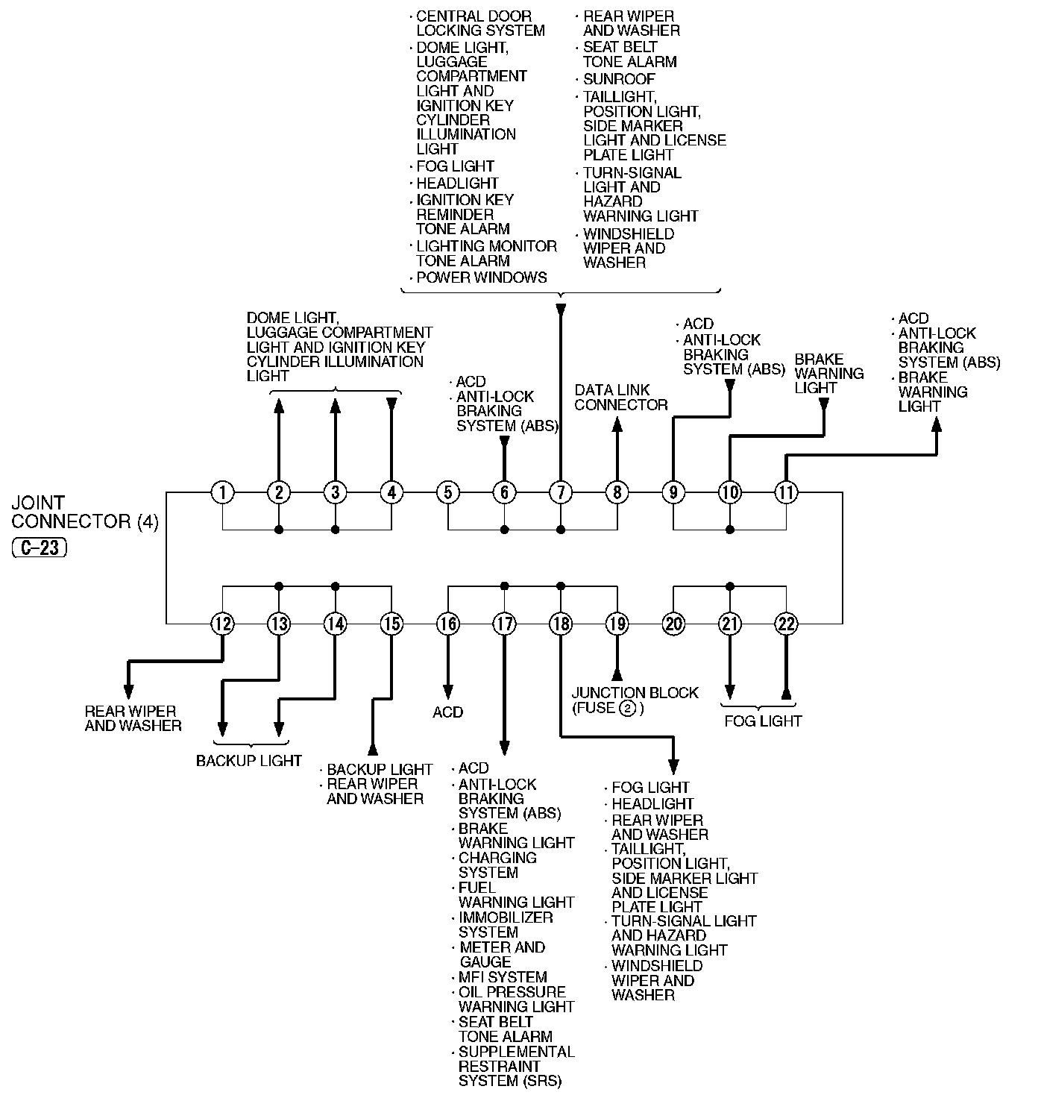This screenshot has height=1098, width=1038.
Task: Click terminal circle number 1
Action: [222, 492]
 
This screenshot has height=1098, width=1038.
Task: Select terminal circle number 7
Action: [561, 492]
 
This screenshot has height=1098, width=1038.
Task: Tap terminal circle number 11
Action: [786, 492]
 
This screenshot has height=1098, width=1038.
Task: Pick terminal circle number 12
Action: [222, 624]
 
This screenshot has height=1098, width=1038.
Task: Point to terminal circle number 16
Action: [447, 624]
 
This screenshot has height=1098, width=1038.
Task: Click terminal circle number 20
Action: [673, 624]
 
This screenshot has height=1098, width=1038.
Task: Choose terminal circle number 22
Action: [786, 624]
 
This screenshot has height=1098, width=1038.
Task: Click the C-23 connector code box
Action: [40, 548]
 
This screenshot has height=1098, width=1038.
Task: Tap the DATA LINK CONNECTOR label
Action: [620, 397]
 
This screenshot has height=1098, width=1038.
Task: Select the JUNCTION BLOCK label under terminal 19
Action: [635, 693]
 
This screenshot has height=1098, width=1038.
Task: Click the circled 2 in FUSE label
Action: [627, 708]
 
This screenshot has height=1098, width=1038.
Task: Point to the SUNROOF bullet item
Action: [619, 79]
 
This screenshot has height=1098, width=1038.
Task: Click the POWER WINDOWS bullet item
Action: [481, 277]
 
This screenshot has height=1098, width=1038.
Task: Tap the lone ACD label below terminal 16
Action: [447, 712]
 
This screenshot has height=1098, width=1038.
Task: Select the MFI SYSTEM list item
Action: [503, 977]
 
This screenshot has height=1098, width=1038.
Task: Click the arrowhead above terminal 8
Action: [617, 424]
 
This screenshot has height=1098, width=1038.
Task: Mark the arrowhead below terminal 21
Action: [730, 691]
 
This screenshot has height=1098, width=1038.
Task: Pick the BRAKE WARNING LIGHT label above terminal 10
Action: [828, 373]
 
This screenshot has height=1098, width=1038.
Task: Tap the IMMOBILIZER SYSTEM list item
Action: [506, 925]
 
